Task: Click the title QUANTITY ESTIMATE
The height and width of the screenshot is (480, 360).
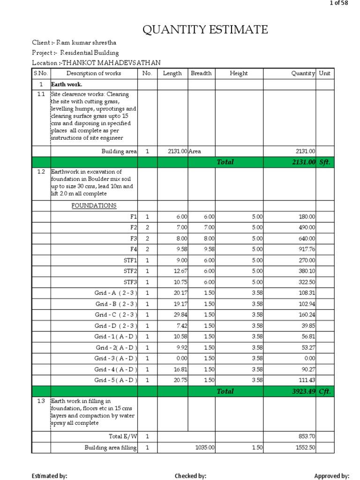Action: coord(205,30)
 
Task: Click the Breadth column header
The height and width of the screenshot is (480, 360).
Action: coord(201,74)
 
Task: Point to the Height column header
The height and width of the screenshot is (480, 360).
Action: coord(239,74)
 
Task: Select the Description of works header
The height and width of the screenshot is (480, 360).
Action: coord(93,74)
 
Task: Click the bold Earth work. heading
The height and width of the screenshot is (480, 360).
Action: coord(67,84)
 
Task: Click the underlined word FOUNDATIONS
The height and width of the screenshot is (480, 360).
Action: coord(94,206)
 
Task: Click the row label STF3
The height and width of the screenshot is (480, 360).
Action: coord(130,282)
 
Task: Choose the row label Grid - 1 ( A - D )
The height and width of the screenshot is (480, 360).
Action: coord(116,337)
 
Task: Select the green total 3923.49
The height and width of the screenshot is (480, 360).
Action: coord(304,391)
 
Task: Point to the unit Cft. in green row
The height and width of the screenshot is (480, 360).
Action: coord(325,391)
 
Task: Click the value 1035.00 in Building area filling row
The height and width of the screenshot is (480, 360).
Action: coord(205,448)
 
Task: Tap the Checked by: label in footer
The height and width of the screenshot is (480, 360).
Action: coord(190,476)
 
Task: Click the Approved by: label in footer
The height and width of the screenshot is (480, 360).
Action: coord(331,476)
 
